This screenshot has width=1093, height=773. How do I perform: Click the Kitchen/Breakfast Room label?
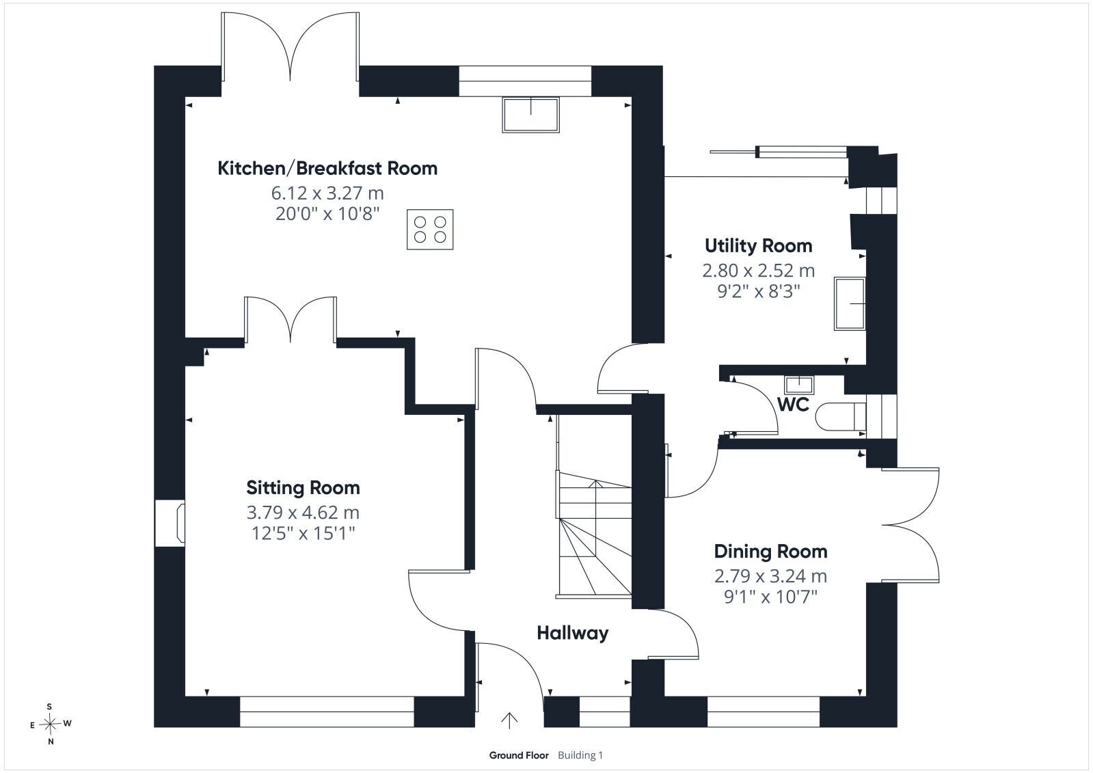point(327,168)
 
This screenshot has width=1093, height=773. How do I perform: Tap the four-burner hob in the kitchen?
point(430,230)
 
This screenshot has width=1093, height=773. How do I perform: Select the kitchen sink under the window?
point(531,115)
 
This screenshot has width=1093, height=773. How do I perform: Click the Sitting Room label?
point(303,487)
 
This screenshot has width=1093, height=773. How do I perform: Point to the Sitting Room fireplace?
point(170,523)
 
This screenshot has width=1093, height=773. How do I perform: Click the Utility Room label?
point(759,245)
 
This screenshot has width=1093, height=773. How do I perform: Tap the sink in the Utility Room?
point(850,303)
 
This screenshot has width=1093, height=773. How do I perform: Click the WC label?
point(794,405)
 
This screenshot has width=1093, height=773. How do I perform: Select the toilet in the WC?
point(840,416)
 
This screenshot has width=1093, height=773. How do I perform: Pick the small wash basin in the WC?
point(799,385)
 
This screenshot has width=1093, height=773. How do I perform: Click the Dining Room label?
point(771,552)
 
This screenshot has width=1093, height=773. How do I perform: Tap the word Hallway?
point(573,634)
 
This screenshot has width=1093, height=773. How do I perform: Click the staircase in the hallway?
point(594,534)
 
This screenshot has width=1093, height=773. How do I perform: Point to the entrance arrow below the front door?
point(509,720)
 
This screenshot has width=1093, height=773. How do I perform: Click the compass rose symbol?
point(51,724)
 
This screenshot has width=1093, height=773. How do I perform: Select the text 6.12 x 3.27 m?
point(327,193)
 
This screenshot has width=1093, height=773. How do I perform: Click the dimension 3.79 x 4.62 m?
point(303,513)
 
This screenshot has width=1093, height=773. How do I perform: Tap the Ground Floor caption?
point(519,755)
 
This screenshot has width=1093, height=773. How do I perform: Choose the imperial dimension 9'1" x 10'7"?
point(771,597)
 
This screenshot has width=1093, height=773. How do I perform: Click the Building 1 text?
point(580,755)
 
